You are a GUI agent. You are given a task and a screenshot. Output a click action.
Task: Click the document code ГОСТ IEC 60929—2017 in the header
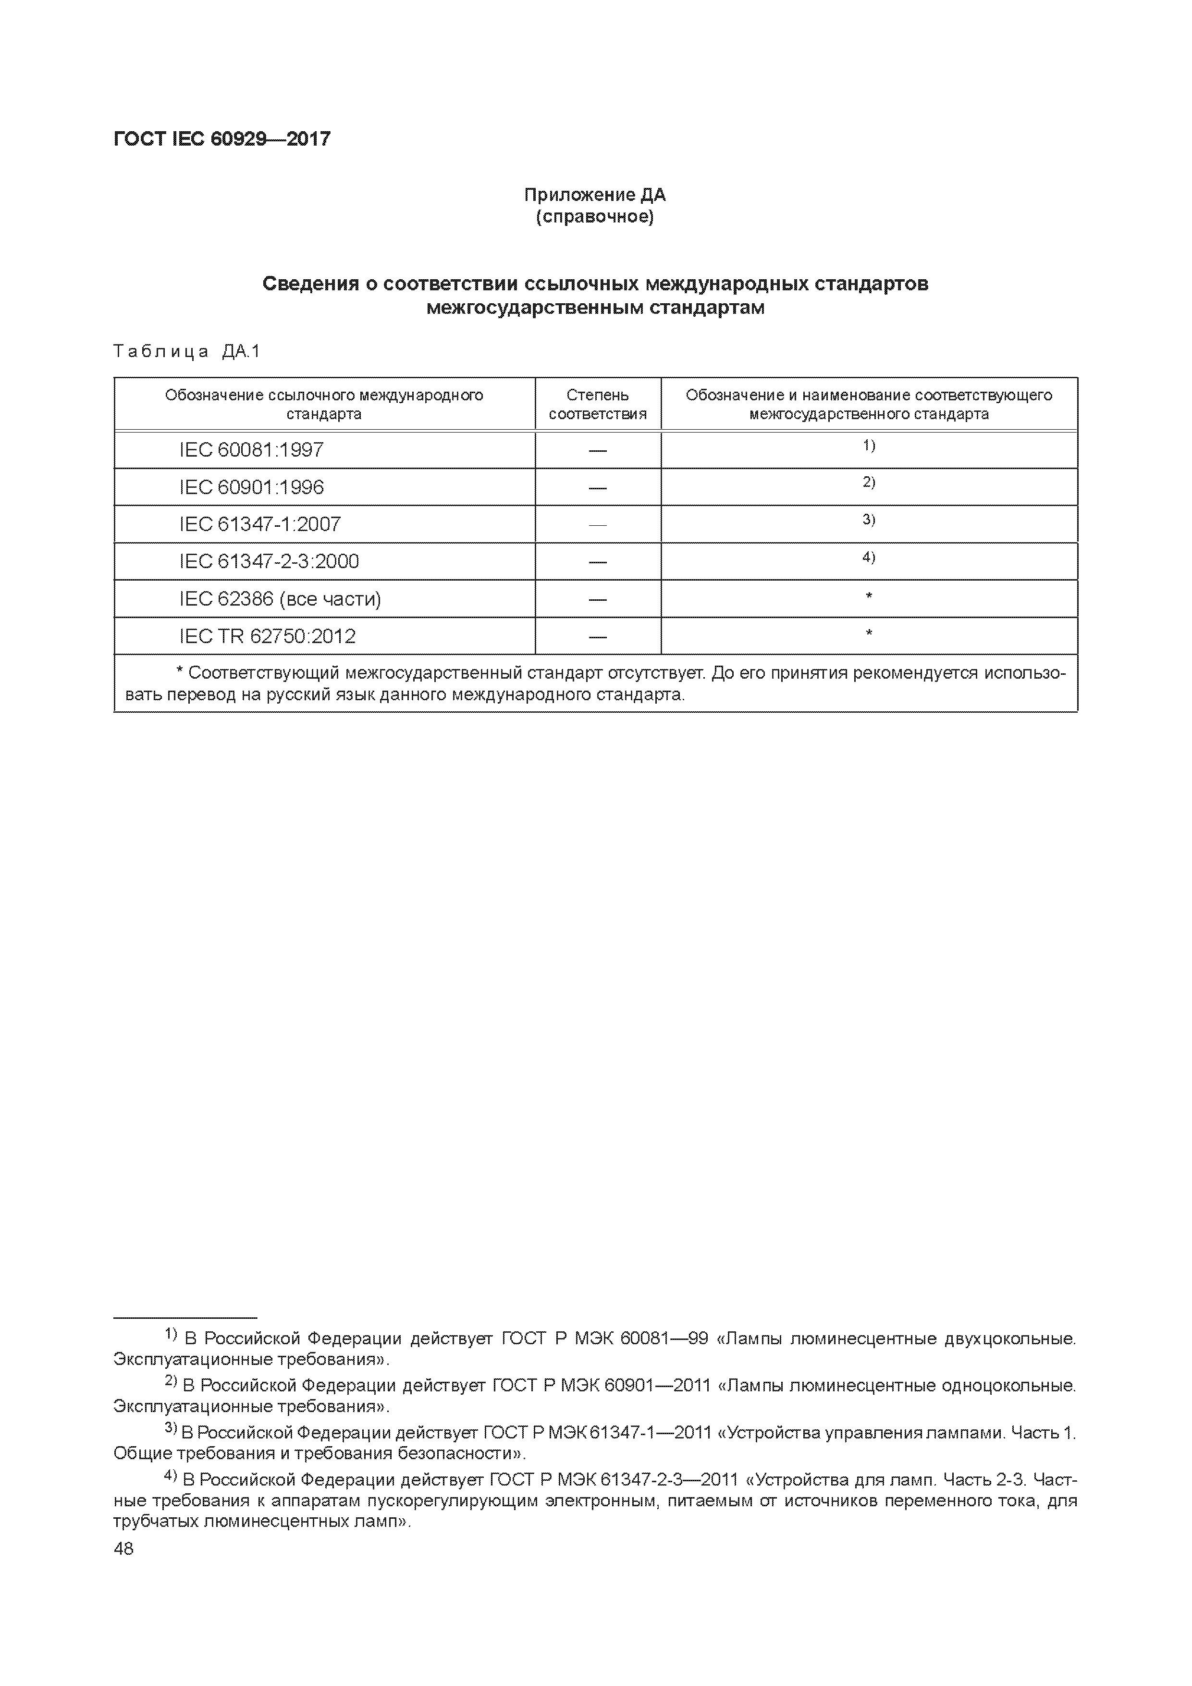point(221,139)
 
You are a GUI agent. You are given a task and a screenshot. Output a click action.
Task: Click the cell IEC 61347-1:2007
point(260,524)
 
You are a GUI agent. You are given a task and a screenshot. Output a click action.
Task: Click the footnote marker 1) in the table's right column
point(868,446)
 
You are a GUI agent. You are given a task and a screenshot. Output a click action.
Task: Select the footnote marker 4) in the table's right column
point(868,558)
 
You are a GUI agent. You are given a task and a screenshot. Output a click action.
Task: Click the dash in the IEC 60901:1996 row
point(598,488)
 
